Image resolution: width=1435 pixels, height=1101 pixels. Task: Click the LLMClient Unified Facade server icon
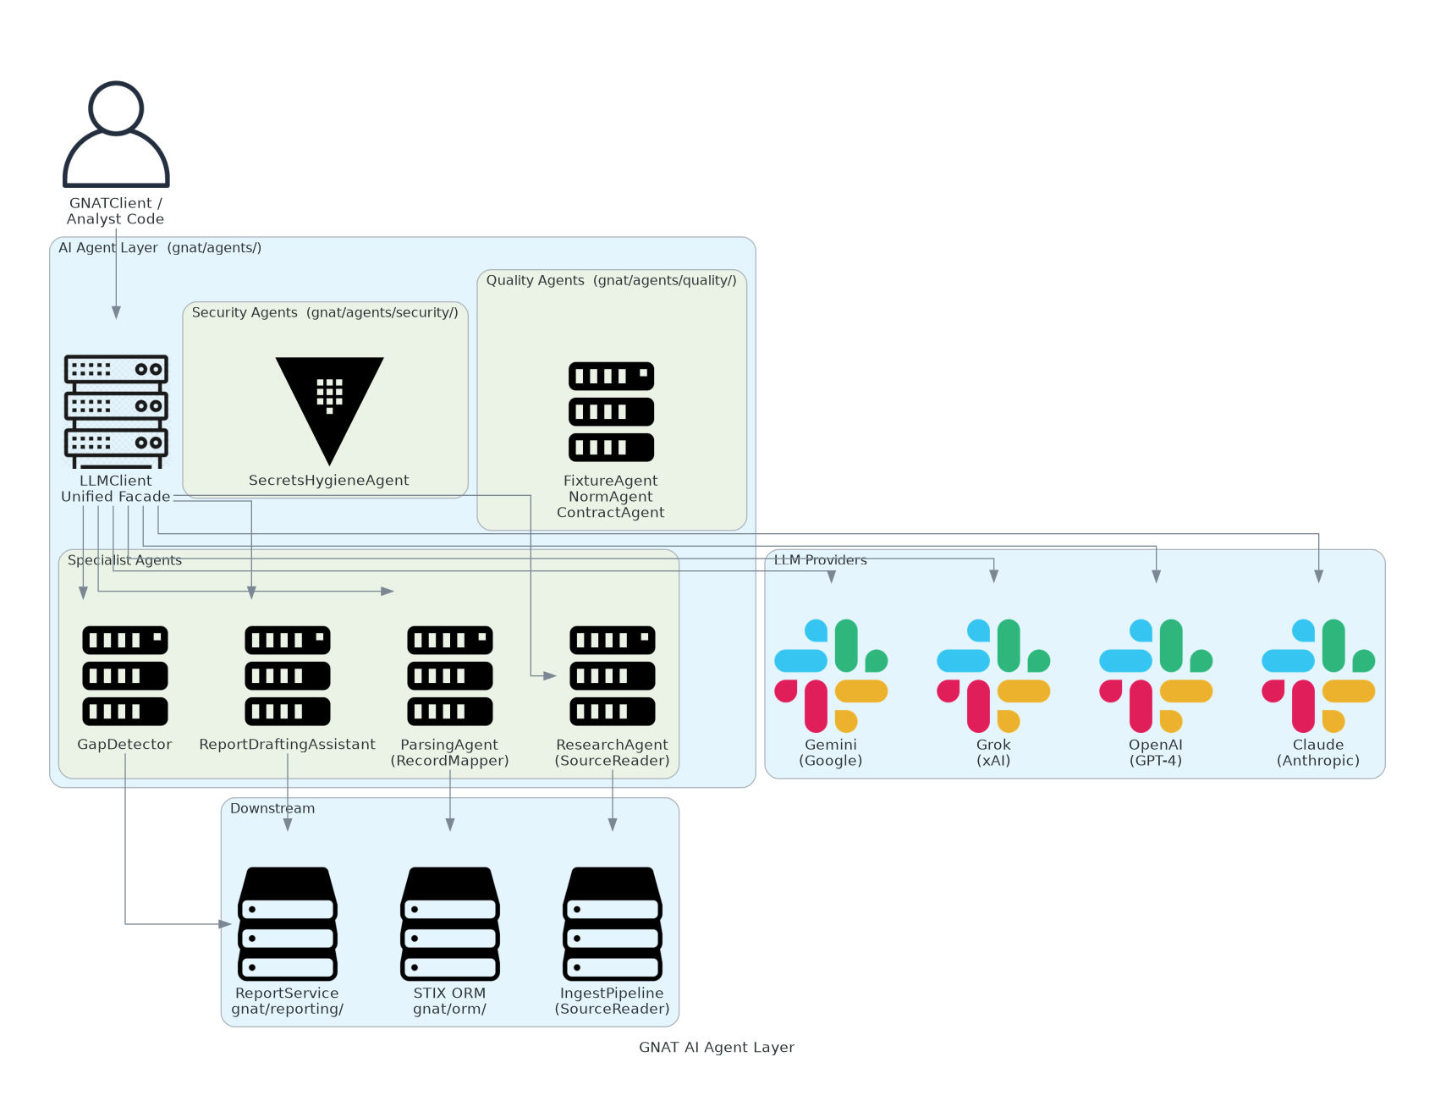(116, 411)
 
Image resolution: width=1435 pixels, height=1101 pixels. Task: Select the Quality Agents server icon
(611, 411)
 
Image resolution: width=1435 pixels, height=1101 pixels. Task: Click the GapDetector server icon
(125, 675)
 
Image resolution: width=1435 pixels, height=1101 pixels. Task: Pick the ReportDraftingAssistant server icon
(288, 675)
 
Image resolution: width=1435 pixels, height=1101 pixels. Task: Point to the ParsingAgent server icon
(450, 675)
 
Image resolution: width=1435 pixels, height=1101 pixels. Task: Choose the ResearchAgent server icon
(613, 675)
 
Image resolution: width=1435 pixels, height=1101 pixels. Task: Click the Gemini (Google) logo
(831, 675)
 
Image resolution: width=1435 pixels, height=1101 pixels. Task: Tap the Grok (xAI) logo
(993, 675)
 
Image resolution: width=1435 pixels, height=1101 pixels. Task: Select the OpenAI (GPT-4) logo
(1156, 675)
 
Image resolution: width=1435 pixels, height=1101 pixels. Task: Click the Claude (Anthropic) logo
(1318, 675)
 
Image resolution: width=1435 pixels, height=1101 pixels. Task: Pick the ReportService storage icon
(288, 923)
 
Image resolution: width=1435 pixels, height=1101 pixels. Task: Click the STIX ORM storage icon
(450, 923)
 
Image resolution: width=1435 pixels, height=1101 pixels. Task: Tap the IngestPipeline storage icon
(613, 923)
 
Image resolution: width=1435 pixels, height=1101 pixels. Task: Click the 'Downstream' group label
(272, 808)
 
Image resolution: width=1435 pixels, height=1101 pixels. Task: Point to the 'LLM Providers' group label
(820, 560)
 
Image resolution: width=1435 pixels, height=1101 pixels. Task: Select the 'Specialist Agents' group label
(124, 560)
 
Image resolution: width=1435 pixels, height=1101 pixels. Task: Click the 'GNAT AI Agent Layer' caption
(717, 1047)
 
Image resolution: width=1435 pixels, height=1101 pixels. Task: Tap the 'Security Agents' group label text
(325, 312)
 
